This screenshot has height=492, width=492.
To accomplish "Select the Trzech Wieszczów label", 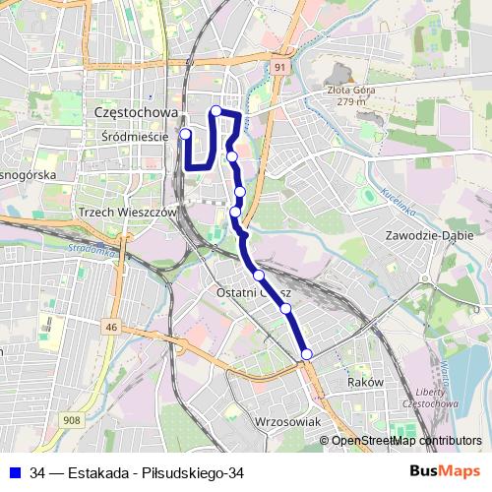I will (x=126, y=212).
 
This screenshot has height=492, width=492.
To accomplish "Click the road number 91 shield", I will (x=280, y=66).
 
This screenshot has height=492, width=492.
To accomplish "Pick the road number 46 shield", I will (x=112, y=327).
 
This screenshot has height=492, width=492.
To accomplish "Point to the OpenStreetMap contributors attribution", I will (x=406, y=441).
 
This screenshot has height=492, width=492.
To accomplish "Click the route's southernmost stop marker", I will (x=306, y=354).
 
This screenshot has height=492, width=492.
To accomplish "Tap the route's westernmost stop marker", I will (x=184, y=134).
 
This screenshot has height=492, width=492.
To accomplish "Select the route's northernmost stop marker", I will (x=215, y=110).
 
